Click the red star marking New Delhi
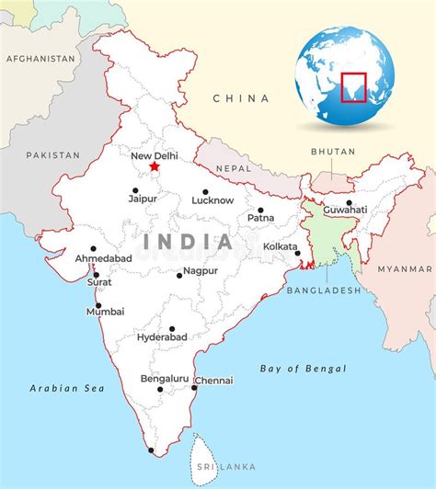pyautogui.click(x=154, y=167)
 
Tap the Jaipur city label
pyautogui.click(x=143, y=198)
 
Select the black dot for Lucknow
pyautogui.click(x=205, y=192)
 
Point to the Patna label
pyautogui.click(x=260, y=218)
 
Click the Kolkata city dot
pyautogui.click(x=297, y=253)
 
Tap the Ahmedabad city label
pyautogui.click(x=103, y=258)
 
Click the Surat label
pyautogui.click(x=99, y=282)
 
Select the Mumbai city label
pyautogui.click(x=105, y=312)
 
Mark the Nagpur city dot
pyautogui.click(x=179, y=275)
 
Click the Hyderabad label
pyautogui.click(x=162, y=337)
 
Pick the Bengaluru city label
pyautogui.click(x=165, y=379)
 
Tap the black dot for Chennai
pyautogui.click(x=193, y=387)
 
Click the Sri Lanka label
pyautogui.click(x=214, y=467)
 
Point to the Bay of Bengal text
pyautogui.click(x=303, y=369)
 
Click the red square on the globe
pyautogui.click(x=353, y=87)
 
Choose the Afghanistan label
pyautogui.click(x=40, y=58)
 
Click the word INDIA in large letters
pyautogui.click(x=188, y=243)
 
